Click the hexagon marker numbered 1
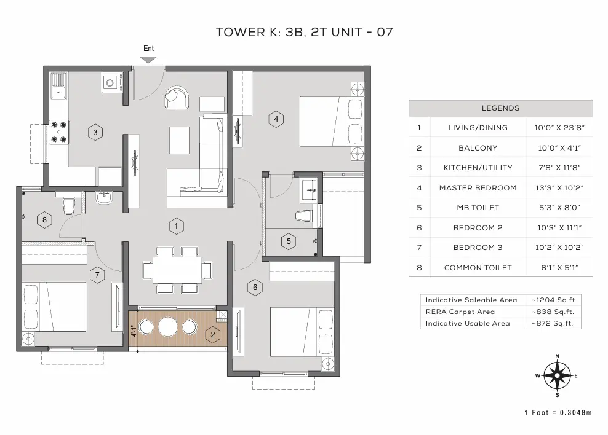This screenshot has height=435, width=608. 176,225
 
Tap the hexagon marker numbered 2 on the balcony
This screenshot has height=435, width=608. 213,334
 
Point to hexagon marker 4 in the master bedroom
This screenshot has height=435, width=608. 276,119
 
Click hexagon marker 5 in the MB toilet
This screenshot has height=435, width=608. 289,241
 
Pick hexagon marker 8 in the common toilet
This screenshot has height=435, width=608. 44,219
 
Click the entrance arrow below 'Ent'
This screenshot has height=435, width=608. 148,60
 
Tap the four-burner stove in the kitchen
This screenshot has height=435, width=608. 59,131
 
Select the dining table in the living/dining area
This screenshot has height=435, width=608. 177,270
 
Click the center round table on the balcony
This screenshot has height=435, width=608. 167,327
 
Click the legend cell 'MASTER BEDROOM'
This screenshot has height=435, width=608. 478,187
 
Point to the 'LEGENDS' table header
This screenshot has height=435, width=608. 500,108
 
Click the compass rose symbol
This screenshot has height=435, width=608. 557,375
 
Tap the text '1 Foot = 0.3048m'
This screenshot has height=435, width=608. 558,413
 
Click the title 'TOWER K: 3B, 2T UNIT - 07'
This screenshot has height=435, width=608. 304,32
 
